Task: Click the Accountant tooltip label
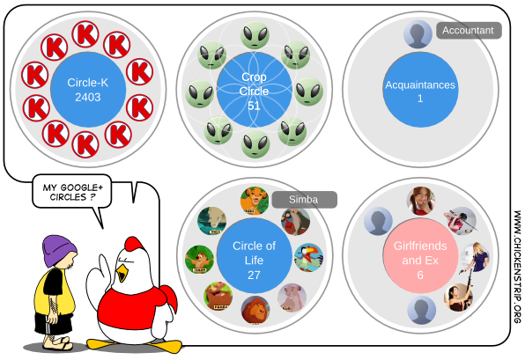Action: pos(469,31)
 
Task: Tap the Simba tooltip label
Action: pos(305,200)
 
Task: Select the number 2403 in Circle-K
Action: pos(88,97)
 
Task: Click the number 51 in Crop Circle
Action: pos(254,106)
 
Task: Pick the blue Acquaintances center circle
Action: pos(420,90)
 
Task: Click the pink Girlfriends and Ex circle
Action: pos(420,256)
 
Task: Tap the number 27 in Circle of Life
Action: pos(254,275)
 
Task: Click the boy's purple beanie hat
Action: pos(59,250)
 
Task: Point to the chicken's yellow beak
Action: pos(122,273)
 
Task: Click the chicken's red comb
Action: pos(135,244)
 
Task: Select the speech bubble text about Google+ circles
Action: pos(72,192)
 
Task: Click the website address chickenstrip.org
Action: pos(517,267)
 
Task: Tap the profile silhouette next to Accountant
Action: pos(418,34)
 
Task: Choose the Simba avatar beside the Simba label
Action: pos(255,201)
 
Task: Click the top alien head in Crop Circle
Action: pos(255,35)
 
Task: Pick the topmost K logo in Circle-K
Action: pos(85,34)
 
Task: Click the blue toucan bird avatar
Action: pos(308,258)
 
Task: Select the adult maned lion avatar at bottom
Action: pos(255,310)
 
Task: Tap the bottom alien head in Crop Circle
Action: pos(255,143)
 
